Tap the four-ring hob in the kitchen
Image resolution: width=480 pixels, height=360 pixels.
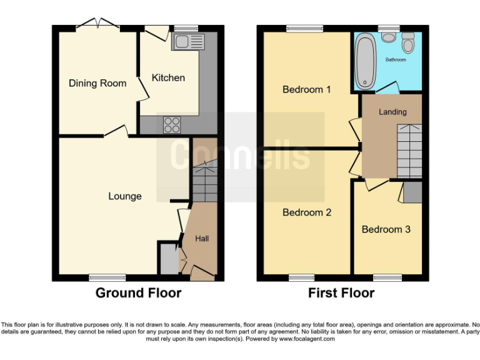click(x=172, y=124)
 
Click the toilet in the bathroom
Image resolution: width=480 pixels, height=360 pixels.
click(x=409, y=43)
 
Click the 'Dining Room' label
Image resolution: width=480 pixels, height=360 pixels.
click(x=97, y=83)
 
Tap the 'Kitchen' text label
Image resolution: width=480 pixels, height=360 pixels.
click(x=168, y=77)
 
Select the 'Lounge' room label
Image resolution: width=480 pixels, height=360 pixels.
click(x=125, y=196)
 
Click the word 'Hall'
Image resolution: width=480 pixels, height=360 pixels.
click(x=202, y=238)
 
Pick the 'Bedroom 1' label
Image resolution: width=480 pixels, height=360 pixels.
click(x=307, y=89)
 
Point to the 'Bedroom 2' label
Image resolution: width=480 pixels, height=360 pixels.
click(x=307, y=212)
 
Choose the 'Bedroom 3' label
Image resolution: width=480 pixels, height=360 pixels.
click(x=386, y=229)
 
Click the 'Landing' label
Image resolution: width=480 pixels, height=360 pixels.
click(x=392, y=112)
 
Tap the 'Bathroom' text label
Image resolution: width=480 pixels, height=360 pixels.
click(x=396, y=60)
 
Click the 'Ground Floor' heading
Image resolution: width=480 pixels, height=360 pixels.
click(x=138, y=293)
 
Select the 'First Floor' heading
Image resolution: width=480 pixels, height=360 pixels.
click(x=341, y=293)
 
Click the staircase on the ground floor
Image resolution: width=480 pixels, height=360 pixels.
click(x=204, y=181)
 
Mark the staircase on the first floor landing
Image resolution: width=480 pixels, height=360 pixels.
click(x=410, y=151)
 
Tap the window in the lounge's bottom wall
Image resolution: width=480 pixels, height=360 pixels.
click(x=102, y=277)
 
